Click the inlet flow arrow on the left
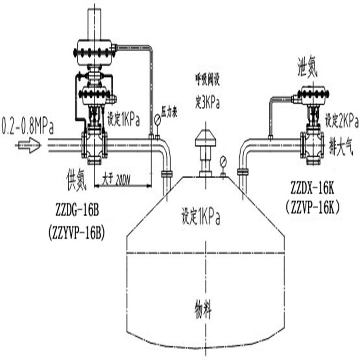click(x=27, y=146)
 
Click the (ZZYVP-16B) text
click(x=76, y=233)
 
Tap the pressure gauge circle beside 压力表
click(x=158, y=120)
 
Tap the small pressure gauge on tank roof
click(x=223, y=162)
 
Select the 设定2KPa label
click(x=341, y=120)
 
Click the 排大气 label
click(x=341, y=147)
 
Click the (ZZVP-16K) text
click(x=314, y=207)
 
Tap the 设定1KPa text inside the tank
click(x=201, y=217)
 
